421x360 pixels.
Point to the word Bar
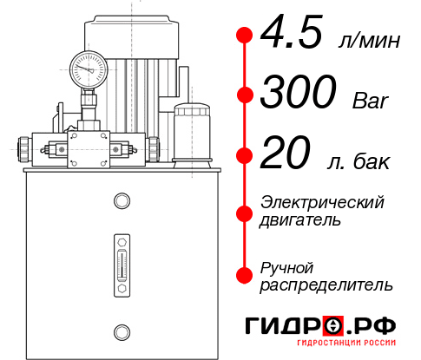[x=371, y=101]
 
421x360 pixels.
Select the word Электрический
[x=322, y=202]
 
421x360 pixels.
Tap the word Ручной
[x=286, y=266]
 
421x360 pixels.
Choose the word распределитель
[x=326, y=284]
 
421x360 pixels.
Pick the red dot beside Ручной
[x=244, y=274]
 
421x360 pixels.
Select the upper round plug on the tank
[x=121, y=201]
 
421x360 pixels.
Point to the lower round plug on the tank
[x=121, y=331]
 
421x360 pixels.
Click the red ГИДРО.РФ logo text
[x=322, y=326]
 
